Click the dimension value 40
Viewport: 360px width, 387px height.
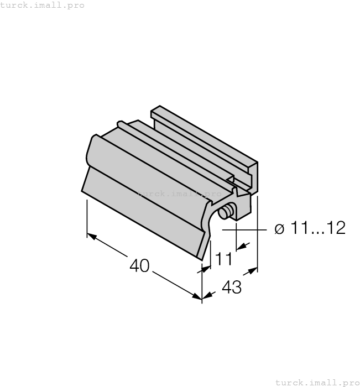(x=139, y=266)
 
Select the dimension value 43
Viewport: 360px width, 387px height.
(x=232, y=287)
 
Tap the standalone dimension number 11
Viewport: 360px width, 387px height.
(x=223, y=258)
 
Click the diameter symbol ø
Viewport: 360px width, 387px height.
(x=279, y=228)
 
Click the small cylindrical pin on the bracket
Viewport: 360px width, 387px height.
(x=224, y=212)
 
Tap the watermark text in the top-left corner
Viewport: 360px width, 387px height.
(x=43, y=5)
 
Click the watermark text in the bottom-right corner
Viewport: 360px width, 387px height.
(x=317, y=382)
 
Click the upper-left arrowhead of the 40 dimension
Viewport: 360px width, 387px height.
(x=92, y=236)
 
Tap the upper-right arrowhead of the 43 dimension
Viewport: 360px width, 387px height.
(x=253, y=271)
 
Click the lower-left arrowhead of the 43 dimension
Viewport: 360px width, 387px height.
(x=206, y=297)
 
